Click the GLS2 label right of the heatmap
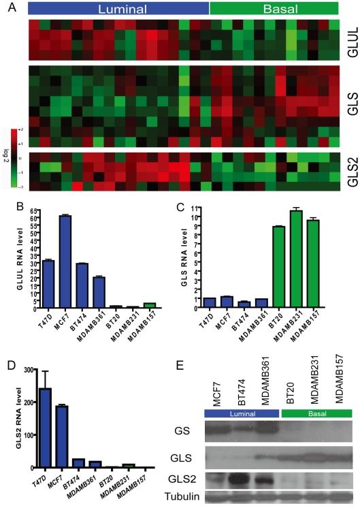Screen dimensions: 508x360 348,171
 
